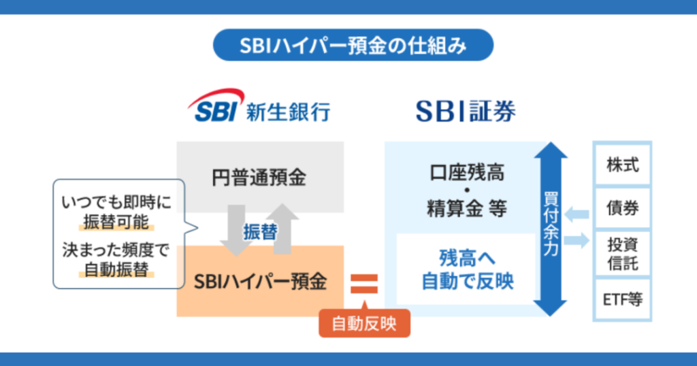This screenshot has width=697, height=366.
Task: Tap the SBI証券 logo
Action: click(x=466, y=110)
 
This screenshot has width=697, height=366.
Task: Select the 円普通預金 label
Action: click(x=260, y=178)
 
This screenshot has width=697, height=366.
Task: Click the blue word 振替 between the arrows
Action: click(x=260, y=231)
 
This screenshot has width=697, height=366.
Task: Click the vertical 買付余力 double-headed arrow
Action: click(x=550, y=229)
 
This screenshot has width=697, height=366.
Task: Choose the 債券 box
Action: click(x=623, y=209)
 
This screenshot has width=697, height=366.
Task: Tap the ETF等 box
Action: click(x=623, y=299)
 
